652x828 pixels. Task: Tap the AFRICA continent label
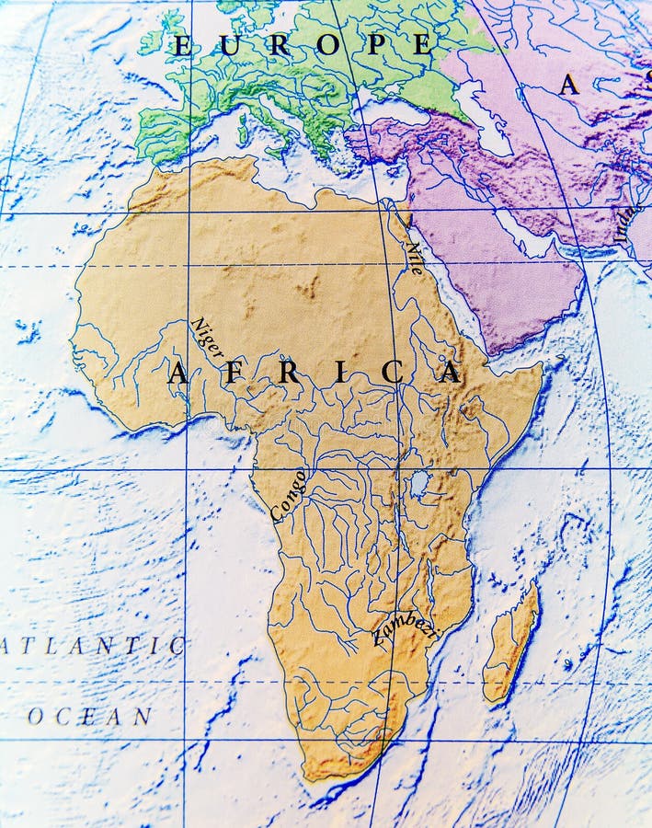314,373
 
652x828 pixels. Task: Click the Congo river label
288,495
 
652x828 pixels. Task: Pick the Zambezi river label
405,629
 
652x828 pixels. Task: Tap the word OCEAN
89,716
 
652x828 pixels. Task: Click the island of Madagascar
510,644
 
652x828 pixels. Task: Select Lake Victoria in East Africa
418,482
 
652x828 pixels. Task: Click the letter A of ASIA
569,86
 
